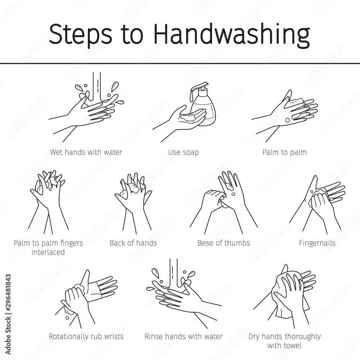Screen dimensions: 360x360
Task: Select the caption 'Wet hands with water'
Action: [86, 152]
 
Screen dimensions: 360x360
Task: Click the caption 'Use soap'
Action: [183, 152]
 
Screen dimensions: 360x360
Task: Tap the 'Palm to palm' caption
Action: [284, 152]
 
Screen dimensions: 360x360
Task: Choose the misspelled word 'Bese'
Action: [206, 243]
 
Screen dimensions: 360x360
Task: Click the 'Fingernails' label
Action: [317, 243]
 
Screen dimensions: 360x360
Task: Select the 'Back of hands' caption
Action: [133, 243]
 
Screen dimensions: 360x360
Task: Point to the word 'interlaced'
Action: [48, 252]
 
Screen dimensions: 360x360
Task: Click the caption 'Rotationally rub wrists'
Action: [86, 337]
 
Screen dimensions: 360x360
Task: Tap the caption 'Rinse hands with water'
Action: [183, 337]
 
